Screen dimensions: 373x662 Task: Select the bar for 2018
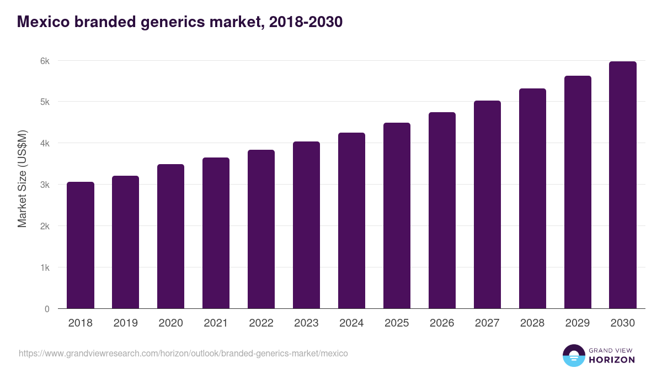[x=81, y=245]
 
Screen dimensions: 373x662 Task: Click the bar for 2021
[x=216, y=233]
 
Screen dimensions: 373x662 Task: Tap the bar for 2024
[x=351, y=221]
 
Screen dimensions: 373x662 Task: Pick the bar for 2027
[x=487, y=204]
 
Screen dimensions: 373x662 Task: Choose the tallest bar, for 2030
[x=623, y=185]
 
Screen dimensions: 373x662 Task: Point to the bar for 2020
[x=170, y=237]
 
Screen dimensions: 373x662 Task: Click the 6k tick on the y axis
[x=45, y=61]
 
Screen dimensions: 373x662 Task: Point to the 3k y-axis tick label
[x=45, y=185]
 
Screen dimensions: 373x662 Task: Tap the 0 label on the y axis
[x=47, y=309]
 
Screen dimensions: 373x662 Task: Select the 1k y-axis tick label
[x=45, y=267]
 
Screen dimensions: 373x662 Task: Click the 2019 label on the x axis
[x=125, y=323]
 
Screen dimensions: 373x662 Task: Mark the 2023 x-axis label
[x=306, y=323]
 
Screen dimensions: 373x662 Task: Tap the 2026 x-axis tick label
[x=442, y=323]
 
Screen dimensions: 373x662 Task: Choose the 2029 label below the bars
[x=578, y=323]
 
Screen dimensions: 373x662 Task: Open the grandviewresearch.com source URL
[x=183, y=353]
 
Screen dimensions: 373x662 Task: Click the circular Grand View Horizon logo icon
[x=573, y=355]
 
